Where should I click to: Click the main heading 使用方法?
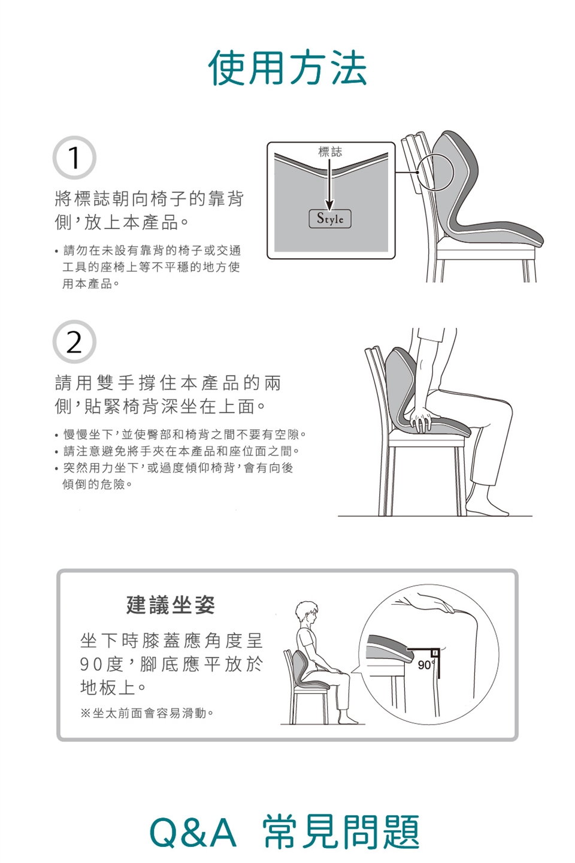coord(287,68)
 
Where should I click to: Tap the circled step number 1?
coord(74,158)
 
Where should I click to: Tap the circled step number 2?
coord(74,342)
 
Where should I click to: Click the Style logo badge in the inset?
coord(330,219)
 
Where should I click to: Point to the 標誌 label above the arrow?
coord(330,152)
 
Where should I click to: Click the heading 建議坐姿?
coord(170,605)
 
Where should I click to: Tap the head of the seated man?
coord(307,613)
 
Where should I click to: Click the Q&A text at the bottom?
coord(193,833)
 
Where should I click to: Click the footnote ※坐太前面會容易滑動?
coord(147,713)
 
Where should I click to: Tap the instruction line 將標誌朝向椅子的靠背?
coord(149,199)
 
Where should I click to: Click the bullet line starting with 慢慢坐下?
coord(181,434)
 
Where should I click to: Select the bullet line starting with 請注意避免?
coord(177,451)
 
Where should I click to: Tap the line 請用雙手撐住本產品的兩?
coord(168,382)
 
